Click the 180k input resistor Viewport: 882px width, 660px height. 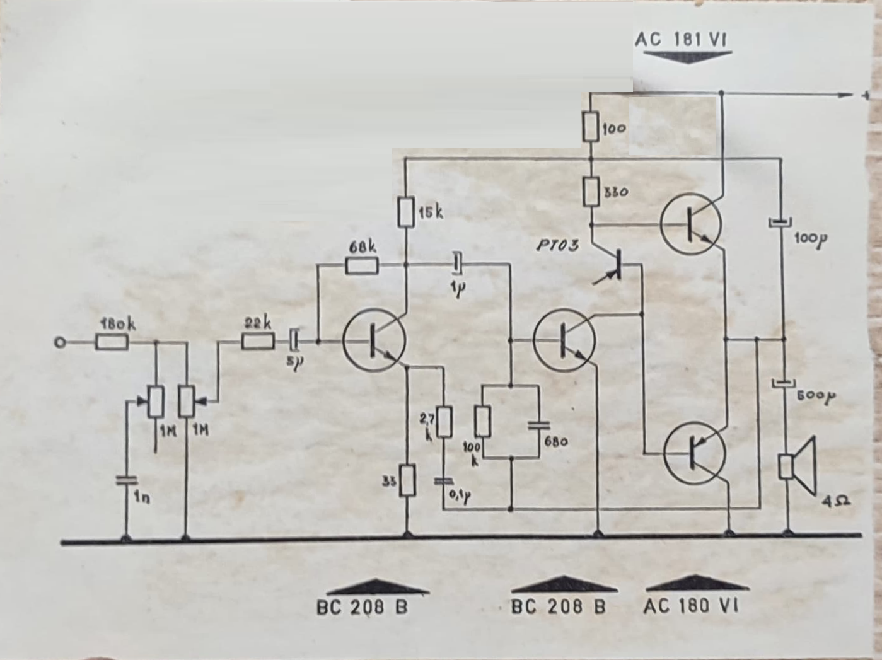pos(112,343)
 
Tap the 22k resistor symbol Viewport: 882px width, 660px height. pos(258,342)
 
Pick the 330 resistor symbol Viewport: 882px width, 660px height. pos(591,192)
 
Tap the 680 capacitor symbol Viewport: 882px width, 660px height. pos(538,424)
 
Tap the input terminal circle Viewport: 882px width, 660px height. pos(60,343)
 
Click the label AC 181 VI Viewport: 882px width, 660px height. pos(681,40)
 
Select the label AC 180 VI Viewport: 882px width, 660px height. pos(692,606)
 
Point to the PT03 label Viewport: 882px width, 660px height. pos(557,245)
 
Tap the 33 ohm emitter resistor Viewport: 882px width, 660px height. pos(407,480)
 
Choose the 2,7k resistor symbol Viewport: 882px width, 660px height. pos(444,422)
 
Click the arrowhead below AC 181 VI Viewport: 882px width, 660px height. pos(683,56)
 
